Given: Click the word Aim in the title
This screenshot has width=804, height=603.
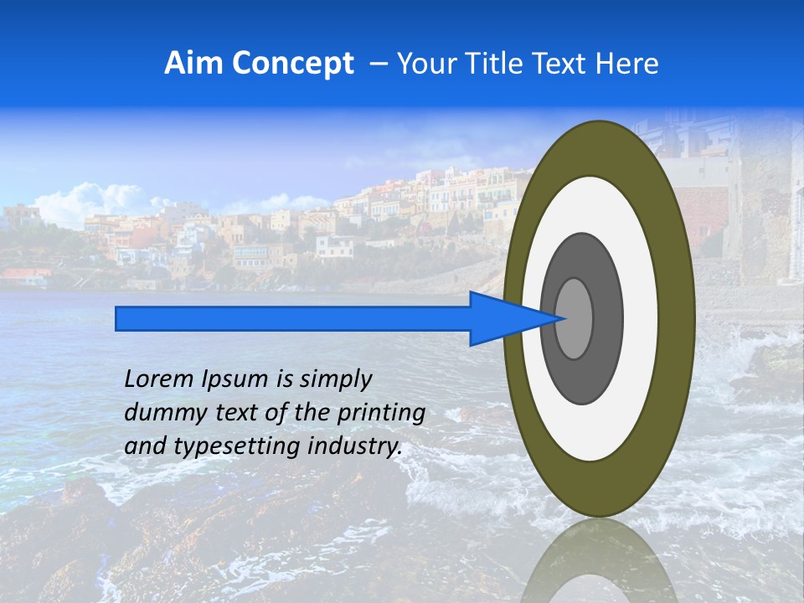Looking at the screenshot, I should [193, 64].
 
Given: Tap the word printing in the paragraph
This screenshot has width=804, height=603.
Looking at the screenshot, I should [381, 414].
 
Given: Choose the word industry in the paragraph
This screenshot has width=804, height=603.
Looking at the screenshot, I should [354, 446].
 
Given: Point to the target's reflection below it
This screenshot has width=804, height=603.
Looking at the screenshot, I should [600, 561].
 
